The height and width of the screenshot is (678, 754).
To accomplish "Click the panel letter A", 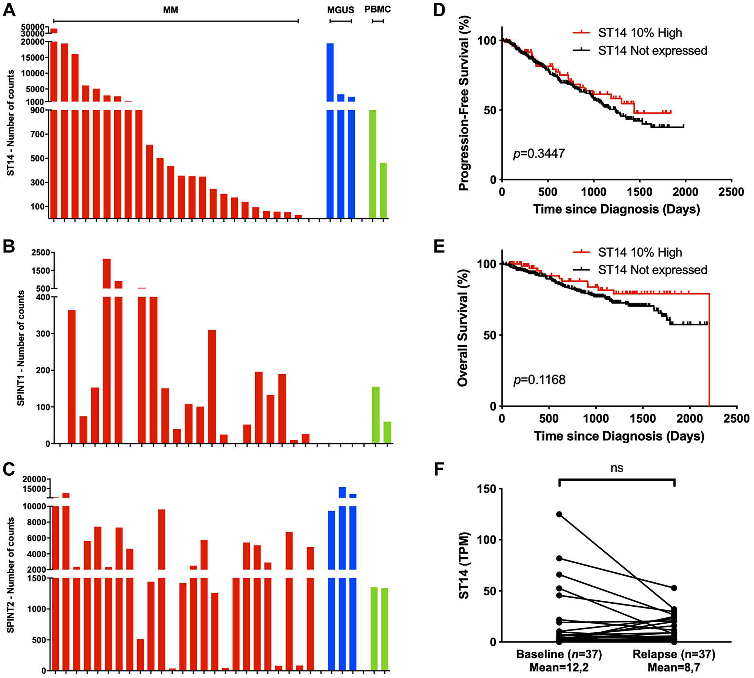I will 9,10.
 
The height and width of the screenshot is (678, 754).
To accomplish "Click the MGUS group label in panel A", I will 340,10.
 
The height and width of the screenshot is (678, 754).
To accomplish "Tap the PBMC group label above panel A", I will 377,9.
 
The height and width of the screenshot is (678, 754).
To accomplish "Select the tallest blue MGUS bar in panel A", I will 330,128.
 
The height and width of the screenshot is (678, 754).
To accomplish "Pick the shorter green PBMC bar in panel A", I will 383,191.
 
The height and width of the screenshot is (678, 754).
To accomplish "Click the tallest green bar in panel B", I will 375,415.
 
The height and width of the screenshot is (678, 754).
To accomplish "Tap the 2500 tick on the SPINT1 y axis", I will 41,252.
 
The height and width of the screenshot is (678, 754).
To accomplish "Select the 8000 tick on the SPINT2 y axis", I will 36,522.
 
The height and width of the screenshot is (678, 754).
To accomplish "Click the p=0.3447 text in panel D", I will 539,154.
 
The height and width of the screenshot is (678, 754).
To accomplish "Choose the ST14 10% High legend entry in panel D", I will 640,33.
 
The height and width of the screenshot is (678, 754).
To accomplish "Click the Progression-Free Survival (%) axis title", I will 464,103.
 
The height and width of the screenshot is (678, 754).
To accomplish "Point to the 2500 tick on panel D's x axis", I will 731,192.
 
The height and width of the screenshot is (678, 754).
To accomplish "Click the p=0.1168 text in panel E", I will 539,380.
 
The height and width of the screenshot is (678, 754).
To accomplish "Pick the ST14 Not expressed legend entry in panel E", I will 652,270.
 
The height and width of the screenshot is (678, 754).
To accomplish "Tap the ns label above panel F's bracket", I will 617,468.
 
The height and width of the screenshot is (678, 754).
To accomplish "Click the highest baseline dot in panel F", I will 559,514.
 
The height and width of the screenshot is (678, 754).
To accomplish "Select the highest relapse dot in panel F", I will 674,588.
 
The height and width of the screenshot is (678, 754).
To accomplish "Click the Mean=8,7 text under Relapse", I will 674,667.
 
